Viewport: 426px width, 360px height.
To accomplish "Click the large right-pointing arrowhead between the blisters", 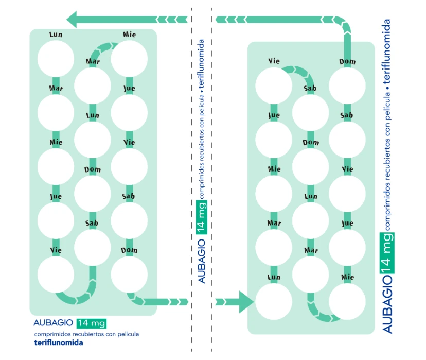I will pos(244,301).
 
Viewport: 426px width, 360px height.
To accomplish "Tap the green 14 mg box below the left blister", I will pos(92,323).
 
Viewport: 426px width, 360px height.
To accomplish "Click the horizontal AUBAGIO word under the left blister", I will pos(52,323).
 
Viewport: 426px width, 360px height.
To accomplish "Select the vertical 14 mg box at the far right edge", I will pos(387,252).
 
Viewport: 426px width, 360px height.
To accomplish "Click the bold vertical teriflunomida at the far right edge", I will pos(387,52).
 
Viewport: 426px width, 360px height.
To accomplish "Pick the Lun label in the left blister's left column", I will pos(56,35).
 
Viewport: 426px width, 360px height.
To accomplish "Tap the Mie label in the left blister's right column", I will pos(129,35).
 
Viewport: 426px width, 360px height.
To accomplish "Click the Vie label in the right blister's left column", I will pos(274,61).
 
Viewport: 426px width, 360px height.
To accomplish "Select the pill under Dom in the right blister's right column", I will pos(347,85).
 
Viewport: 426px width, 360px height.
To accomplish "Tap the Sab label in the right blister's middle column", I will pos(310,89).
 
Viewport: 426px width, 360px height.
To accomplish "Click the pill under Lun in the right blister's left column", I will pos(274,301).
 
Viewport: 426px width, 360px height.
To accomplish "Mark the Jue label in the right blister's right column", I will pos(347,223).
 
